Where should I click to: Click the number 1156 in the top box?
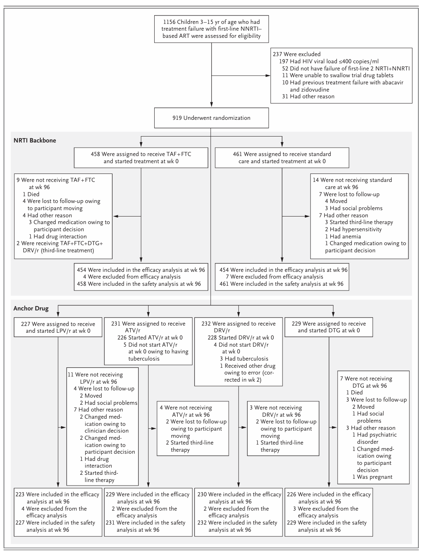coord(169,22)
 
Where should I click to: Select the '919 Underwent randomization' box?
coord(211,118)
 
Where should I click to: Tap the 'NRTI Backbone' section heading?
coord(35,140)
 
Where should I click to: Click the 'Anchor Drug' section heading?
coord(31,308)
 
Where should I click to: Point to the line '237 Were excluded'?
coord(296,54)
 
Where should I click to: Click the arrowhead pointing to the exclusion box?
coord(268,76)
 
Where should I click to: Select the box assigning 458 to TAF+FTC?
coord(141,158)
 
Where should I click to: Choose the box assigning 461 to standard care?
coord(282,158)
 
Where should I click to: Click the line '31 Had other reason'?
coord(308,96)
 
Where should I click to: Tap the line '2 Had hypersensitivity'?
coord(353,229)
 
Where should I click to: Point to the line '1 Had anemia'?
coord(343,236)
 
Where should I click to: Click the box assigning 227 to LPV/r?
coord(58,327)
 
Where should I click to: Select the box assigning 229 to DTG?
coord(329,327)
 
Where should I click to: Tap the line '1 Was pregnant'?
coord(373,477)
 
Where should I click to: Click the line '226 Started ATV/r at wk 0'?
coord(150,337)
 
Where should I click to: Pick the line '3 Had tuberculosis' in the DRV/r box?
coord(244,359)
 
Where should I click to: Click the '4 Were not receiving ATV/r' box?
coord(193,428)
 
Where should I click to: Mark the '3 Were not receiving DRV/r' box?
coord(283,428)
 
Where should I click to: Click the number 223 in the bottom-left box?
coord(20,494)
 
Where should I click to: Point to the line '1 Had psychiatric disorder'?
coord(375,438)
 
